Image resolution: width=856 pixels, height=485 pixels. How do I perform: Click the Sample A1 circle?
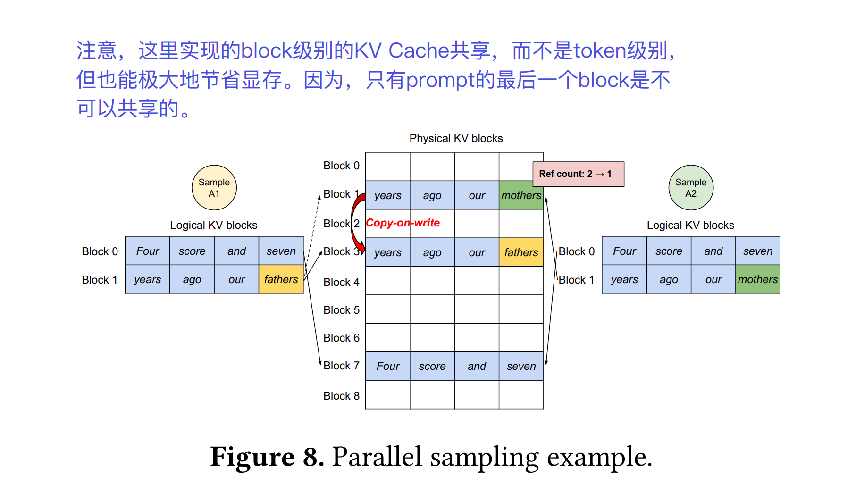pyautogui.click(x=214, y=187)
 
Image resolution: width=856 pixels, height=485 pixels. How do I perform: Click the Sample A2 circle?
pyautogui.click(x=690, y=187)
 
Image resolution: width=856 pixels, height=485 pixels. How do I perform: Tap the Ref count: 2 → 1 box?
pyautogui.click(x=578, y=174)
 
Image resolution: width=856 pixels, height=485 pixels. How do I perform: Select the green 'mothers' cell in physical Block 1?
pyautogui.click(x=521, y=195)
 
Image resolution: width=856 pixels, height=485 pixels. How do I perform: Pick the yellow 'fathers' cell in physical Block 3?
pyautogui.click(x=521, y=252)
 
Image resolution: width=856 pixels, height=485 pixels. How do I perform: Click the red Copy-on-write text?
pyautogui.click(x=403, y=223)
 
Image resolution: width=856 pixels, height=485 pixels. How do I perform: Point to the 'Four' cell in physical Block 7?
pyautogui.click(x=387, y=366)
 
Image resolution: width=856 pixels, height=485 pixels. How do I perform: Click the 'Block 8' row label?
pyautogui.click(x=341, y=396)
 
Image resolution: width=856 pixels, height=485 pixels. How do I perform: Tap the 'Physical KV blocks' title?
pyautogui.click(x=456, y=138)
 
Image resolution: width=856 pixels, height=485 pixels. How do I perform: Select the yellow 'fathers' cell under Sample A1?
pyautogui.click(x=281, y=279)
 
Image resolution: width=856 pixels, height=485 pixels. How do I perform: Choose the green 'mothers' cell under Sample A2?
pyautogui.click(x=757, y=279)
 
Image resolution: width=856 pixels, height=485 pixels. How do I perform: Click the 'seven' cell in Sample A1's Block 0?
pyautogui.click(x=281, y=251)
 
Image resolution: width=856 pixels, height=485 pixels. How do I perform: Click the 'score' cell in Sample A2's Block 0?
pyautogui.click(x=668, y=251)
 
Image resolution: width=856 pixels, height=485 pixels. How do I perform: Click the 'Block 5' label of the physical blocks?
pyautogui.click(x=341, y=310)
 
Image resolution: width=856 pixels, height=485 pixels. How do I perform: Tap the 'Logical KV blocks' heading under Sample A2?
pyautogui.click(x=690, y=225)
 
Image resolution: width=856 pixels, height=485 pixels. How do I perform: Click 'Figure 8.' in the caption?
pyautogui.click(x=267, y=457)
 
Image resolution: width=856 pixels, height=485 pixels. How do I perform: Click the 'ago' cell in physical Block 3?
pyautogui.click(x=432, y=252)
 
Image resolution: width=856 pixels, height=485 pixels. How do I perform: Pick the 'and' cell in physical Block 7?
pyautogui.click(x=477, y=366)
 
